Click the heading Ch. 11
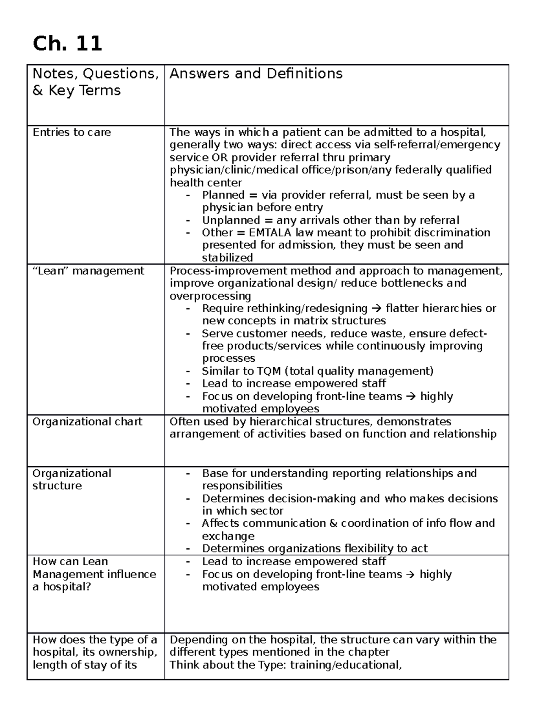(67, 44)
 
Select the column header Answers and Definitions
(256, 74)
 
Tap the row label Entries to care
(71, 132)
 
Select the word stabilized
(227, 258)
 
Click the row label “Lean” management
(88, 271)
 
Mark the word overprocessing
(210, 296)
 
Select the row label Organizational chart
(87, 422)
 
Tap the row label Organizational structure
(71, 480)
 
